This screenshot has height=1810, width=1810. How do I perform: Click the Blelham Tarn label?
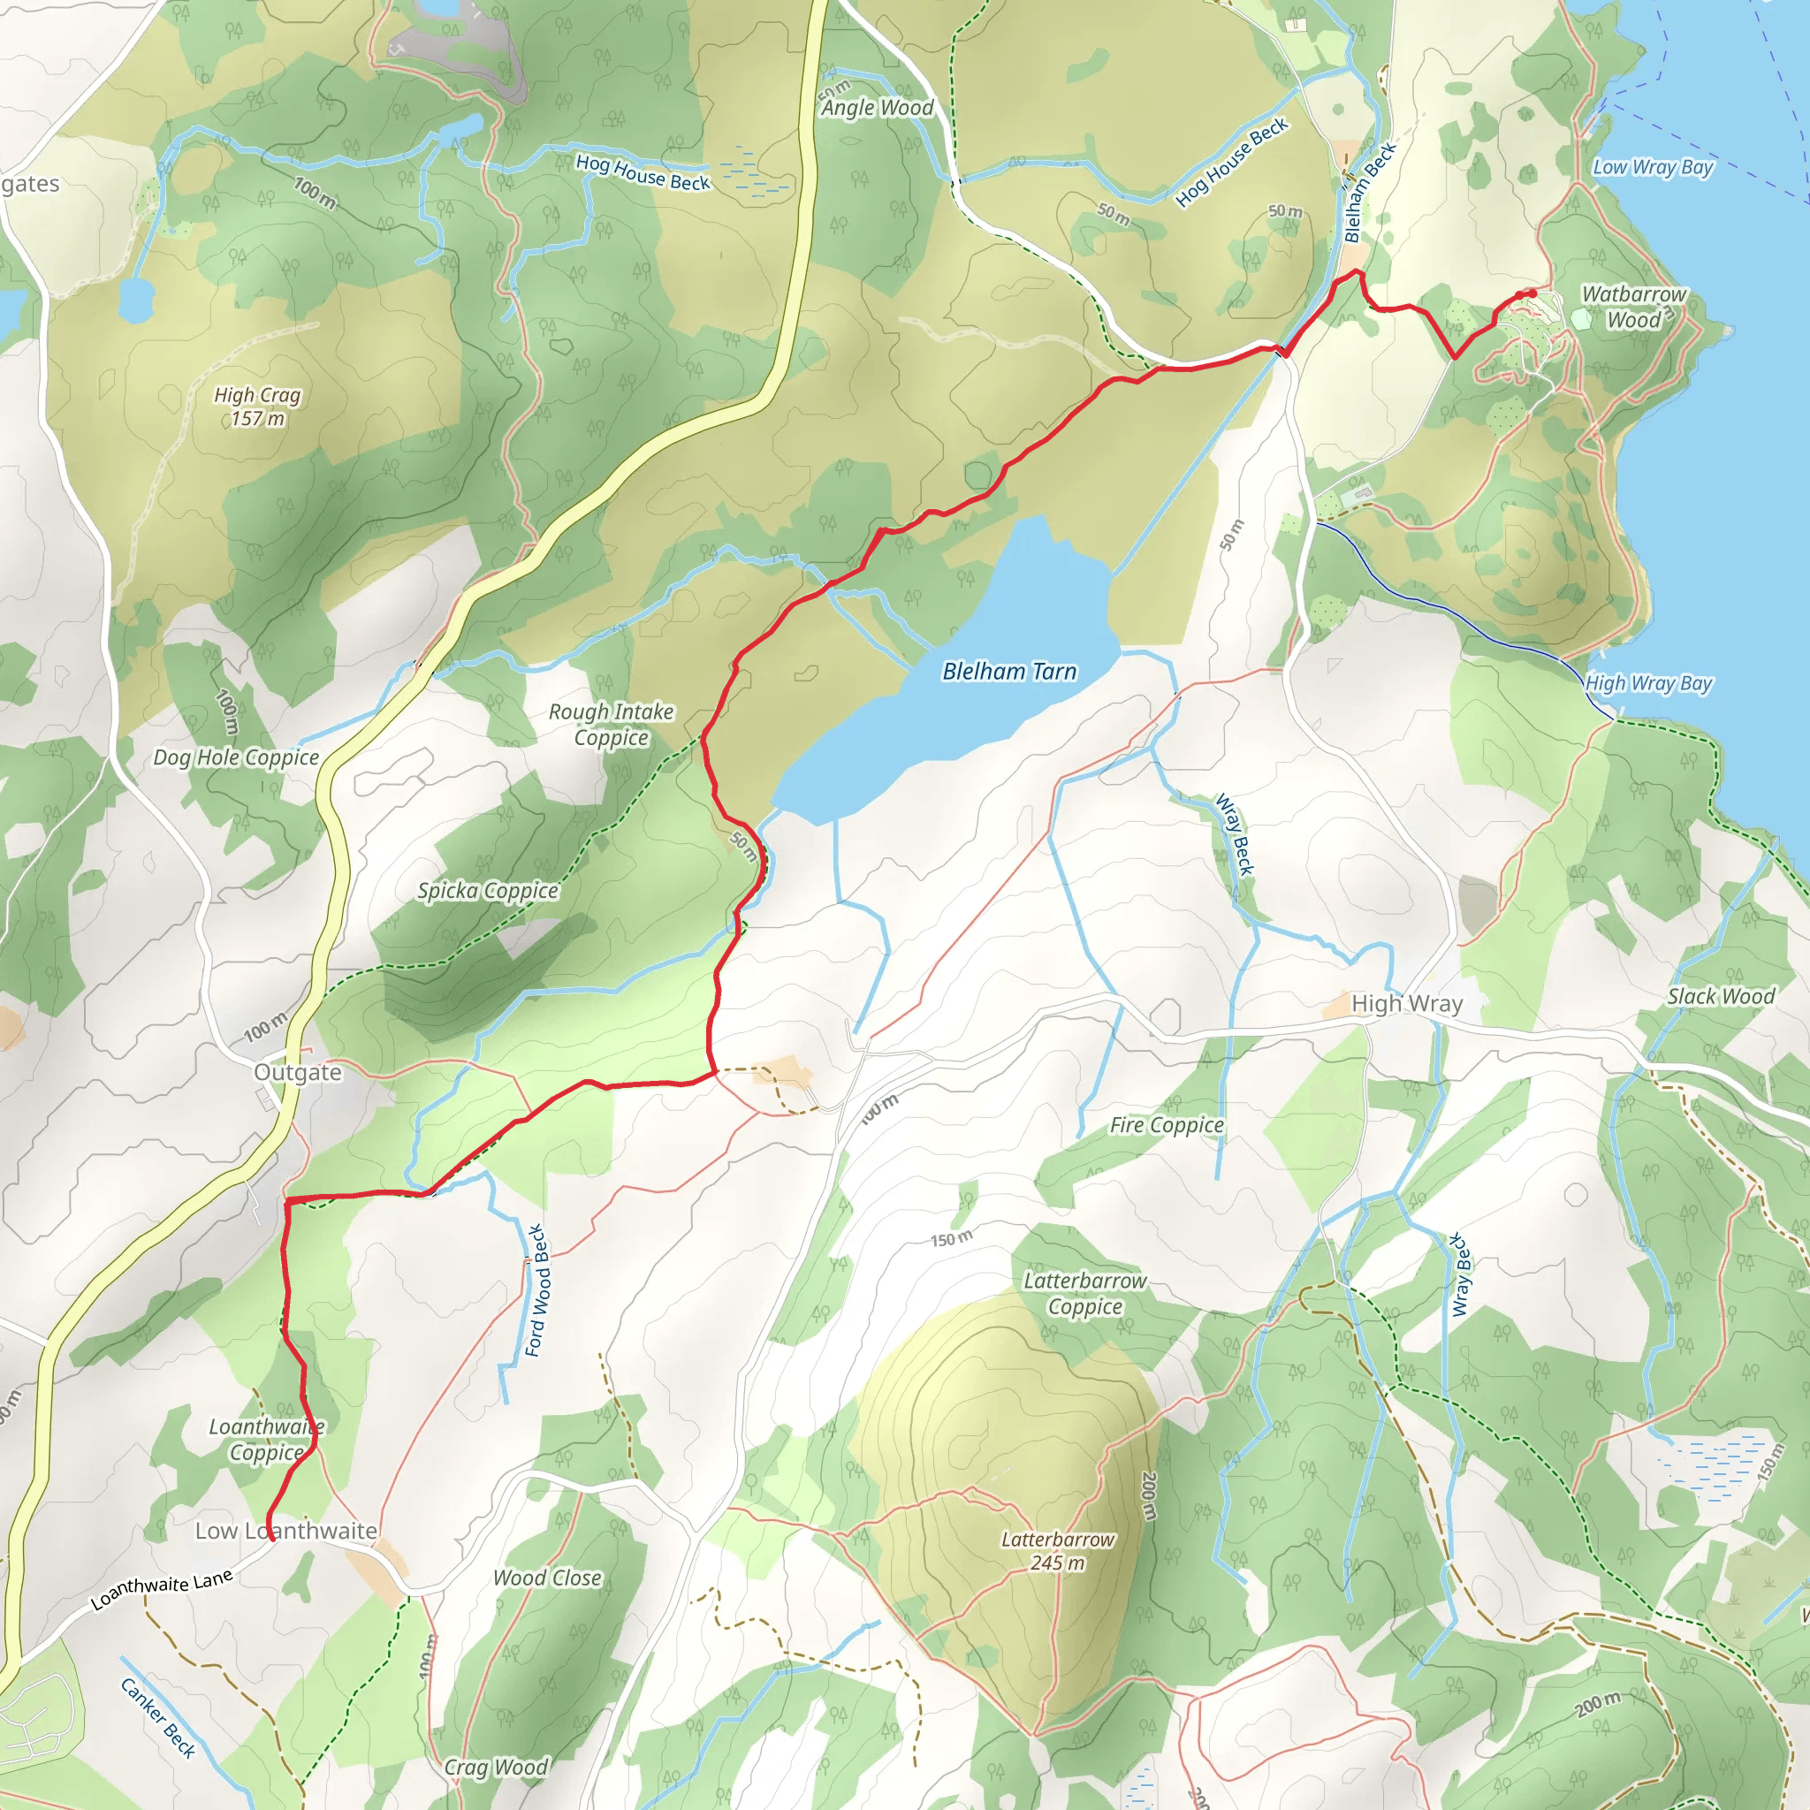[1009, 672]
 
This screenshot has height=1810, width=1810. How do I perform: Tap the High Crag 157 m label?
[258, 407]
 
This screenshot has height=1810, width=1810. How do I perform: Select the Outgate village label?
[298, 1072]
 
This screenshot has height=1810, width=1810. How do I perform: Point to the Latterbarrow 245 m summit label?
[1058, 1550]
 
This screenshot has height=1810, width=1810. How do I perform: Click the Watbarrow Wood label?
[1634, 308]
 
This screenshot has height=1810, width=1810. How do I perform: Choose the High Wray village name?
[1406, 1004]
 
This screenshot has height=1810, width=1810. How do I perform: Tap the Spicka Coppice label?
[488, 890]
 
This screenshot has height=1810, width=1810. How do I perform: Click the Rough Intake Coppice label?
[611, 724]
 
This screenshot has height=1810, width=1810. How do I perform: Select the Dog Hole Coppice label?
[236, 757]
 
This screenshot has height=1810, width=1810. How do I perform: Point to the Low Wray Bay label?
[1653, 168]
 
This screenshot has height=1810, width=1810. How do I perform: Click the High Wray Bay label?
[1648, 684]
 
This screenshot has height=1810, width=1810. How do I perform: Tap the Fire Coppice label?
[1167, 1125]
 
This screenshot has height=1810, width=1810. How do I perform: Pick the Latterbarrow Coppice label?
[1085, 1293]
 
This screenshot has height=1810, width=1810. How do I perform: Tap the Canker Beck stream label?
[157, 1718]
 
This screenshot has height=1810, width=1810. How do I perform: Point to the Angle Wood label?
[878, 108]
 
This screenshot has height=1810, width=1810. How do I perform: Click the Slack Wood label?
[1721, 997]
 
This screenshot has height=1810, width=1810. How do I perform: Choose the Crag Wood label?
[496, 1767]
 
